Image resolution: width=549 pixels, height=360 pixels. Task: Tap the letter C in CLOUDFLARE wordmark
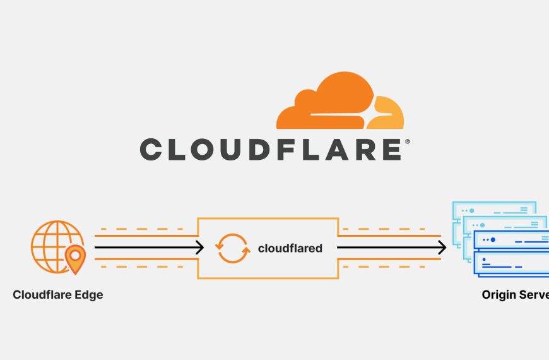pos(151,150)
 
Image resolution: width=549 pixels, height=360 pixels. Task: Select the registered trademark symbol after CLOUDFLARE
pos(407,141)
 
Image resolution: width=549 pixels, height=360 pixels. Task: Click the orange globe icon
pos(56,244)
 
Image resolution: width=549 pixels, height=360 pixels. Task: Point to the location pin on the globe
pos(75,258)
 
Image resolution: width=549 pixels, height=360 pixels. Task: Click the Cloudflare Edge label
pos(57,294)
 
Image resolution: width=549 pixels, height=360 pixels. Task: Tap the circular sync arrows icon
pos(231,248)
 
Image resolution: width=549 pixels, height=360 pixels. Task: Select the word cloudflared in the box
pos(290,248)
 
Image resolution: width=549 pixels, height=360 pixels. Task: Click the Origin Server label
pos(515,294)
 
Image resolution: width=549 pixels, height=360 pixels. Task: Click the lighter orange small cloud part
pos(388,114)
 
